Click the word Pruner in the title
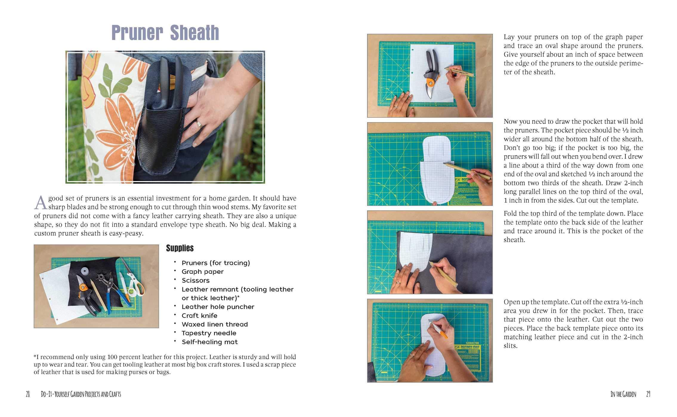(x=137, y=33)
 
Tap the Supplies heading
(x=180, y=248)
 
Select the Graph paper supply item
(x=203, y=272)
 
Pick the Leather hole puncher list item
(x=218, y=307)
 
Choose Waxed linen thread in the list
(x=215, y=324)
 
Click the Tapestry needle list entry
(x=209, y=333)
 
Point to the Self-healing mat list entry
(x=210, y=342)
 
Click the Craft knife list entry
(x=200, y=315)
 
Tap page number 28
(x=28, y=394)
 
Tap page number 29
(x=648, y=394)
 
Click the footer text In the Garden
(x=623, y=394)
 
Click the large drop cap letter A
(x=40, y=203)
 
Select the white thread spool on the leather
(x=85, y=272)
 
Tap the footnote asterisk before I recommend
(x=35, y=356)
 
